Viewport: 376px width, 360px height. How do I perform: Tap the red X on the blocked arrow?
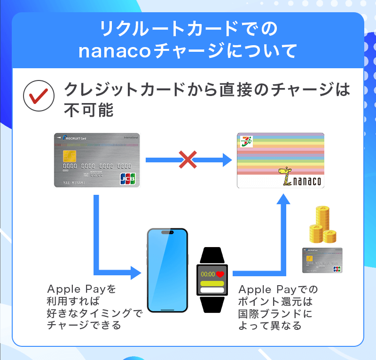pyautogui.click(x=188, y=160)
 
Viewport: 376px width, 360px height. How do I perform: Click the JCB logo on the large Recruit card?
pyautogui.click(x=128, y=179)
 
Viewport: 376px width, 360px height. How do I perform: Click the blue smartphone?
pyautogui.click(x=167, y=270)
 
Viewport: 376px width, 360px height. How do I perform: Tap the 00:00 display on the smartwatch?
pyautogui.click(x=208, y=274)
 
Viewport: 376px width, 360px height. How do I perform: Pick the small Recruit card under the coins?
pyautogui.click(x=322, y=260)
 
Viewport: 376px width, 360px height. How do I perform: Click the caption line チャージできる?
pyautogui.click(x=84, y=325)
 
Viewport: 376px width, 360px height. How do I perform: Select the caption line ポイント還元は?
pyautogui.click(x=275, y=301)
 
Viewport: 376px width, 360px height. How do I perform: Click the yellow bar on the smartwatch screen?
pyautogui.click(x=212, y=284)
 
